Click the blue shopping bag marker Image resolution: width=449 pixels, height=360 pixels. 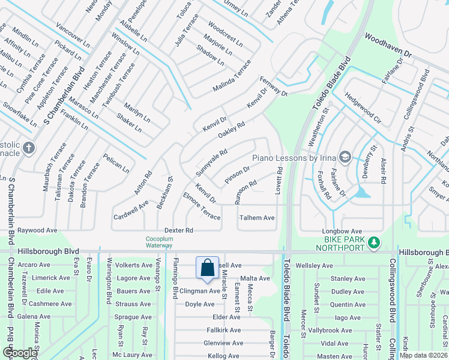tap(207, 268)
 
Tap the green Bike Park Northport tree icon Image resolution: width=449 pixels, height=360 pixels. tap(374, 242)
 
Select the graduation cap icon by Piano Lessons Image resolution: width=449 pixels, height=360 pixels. tap(345, 157)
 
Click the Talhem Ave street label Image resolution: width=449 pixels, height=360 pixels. tap(257, 218)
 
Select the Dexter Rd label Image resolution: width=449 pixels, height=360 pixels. tap(179, 230)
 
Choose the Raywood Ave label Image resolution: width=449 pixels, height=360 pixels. tap(37, 230)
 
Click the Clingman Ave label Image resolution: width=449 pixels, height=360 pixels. tap(201, 291)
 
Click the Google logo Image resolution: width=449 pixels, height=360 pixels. tap(20, 353)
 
